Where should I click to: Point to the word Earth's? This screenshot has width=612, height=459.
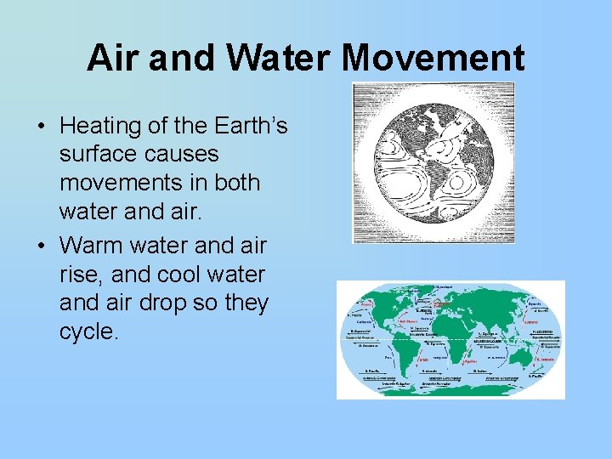(x=246, y=127)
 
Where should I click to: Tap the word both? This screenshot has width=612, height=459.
(x=237, y=183)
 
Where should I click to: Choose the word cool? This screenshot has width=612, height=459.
(x=184, y=275)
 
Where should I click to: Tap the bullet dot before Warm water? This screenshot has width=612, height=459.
(x=41, y=246)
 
